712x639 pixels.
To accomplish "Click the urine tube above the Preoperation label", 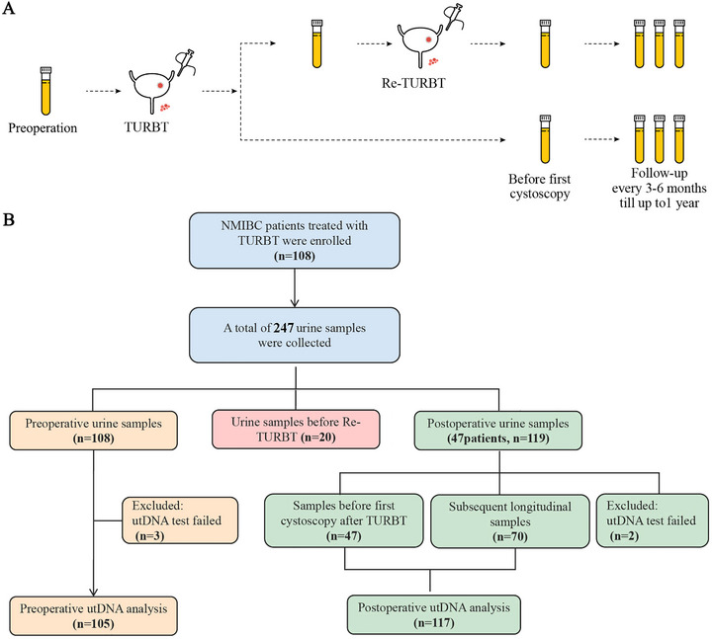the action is (45, 91).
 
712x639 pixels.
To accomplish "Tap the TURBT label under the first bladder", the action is (146, 127).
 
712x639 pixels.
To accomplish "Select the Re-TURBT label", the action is (413, 83).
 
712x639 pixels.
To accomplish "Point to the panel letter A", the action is (8, 8).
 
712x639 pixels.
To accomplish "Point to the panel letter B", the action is (8, 220).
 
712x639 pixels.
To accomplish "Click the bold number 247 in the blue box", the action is (284, 328).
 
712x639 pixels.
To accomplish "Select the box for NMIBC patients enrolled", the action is (295, 240).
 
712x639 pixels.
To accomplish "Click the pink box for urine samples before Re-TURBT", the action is (296, 429).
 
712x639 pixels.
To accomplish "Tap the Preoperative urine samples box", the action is (93, 431).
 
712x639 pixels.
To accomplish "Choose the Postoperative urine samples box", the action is (498, 431).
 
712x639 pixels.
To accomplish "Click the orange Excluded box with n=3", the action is (180, 520).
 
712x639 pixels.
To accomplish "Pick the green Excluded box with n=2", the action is (652, 520).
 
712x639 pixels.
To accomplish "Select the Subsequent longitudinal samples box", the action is (510, 521).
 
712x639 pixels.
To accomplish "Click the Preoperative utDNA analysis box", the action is (93, 616).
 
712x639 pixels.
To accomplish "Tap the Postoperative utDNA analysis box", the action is (434, 615).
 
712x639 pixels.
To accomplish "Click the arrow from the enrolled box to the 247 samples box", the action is (295, 288).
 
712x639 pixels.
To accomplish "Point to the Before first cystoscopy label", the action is (540, 187).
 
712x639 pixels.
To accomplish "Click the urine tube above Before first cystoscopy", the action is (545, 139).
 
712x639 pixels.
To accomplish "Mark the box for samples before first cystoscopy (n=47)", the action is (344, 520).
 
